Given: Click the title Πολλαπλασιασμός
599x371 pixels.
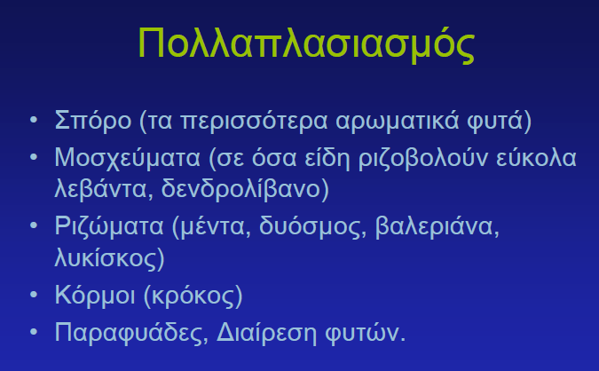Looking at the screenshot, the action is coord(306,43).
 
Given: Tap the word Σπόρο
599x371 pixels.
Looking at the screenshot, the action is coord(93,121).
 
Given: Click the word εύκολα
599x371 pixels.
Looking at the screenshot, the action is coord(536,157).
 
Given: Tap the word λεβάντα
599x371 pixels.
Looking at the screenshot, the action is coord(100,189).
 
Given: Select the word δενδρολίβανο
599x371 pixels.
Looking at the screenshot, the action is coord(240,189).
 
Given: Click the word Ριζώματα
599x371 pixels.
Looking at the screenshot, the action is coord(109,226).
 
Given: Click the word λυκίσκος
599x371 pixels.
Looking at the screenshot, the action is coord(106,258).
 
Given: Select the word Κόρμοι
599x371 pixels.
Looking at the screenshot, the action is coord(95,296).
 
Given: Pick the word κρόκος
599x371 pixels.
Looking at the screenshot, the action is coord(193,296).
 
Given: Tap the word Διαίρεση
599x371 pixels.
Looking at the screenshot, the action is coord(266,333).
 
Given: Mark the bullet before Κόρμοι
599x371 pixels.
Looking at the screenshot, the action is coord(34,294).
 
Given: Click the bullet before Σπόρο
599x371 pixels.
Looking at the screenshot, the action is coord(34,120).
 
